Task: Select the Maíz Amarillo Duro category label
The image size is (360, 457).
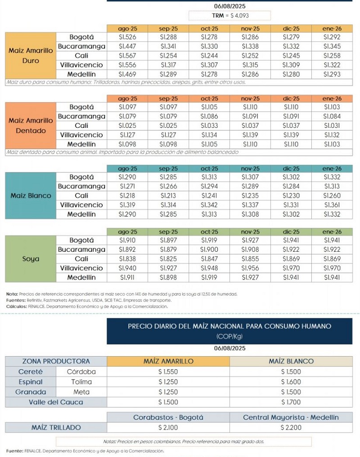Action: [31, 55]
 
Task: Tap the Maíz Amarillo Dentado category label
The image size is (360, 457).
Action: [31, 126]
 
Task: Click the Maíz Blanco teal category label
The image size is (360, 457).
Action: [31, 196]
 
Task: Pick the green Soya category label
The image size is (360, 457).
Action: [31, 259]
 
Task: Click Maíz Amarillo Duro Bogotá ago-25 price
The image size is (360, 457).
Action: [127, 37]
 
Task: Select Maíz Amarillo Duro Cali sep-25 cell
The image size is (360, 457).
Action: [168, 55]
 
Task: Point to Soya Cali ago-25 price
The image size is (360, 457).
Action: [127, 259]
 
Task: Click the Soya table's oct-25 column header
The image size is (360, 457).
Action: [209, 231]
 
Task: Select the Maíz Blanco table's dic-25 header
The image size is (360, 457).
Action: [291, 168]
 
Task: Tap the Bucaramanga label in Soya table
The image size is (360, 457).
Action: [81, 249]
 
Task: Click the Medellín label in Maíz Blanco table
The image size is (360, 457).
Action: [81, 214]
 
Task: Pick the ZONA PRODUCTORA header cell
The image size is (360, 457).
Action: [56, 361]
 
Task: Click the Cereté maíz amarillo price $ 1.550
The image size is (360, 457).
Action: [168, 372]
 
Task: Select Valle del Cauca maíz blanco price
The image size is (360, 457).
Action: [291, 402]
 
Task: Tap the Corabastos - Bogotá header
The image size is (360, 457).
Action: [168, 417]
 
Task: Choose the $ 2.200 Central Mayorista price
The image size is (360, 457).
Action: [291, 427]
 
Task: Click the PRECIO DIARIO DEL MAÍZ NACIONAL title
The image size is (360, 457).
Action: [229, 326]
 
